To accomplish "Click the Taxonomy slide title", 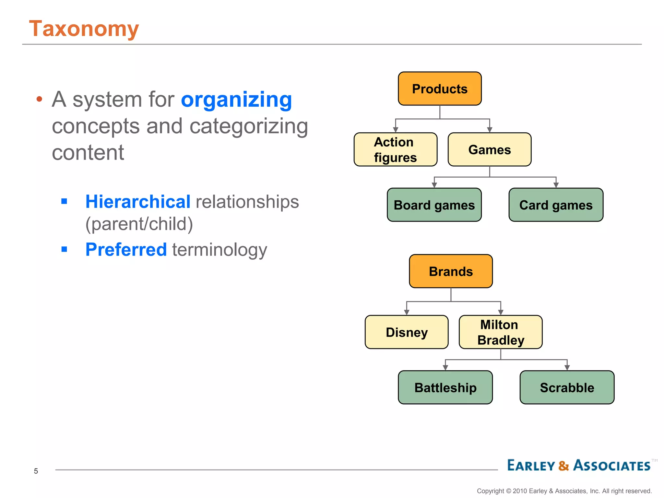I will pyautogui.click(x=84, y=29).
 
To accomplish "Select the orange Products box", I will pyautogui.click(x=440, y=89).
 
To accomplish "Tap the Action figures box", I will pyautogui.click(x=395, y=149).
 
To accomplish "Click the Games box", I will pyautogui.click(x=489, y=149).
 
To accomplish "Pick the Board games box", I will pyautogui.click(x=434, y=205).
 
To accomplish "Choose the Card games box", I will pyautogui.click(x=556, y=205).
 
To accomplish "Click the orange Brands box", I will pyautogui.click(x=451, y=271).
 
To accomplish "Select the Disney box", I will pyautogui.click(x=407, y=332).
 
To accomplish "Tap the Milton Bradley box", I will pyautogui.click(x=501, y=332).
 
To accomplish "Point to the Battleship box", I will pyautogui.click(x=445, y=387).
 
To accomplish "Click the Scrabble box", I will pyautogui.click(x=567, y=387).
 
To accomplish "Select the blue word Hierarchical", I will pyautogui.click(x=138, y=201).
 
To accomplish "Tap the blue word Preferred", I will pyautogui.click(x=126, y=249).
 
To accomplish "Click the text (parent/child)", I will pyautogui.click(x=139, y=224).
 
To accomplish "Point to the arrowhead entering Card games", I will pyautogui.click(x=556, y=185).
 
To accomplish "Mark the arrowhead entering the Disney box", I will pyautogui.click(x=407, y=312).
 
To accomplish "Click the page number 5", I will pyautogui.click(x=36, y=471).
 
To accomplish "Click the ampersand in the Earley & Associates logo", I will pyautogui.click(x=564, y=466).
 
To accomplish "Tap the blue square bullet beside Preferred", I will pyautogui.click(x=64, y=249).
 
